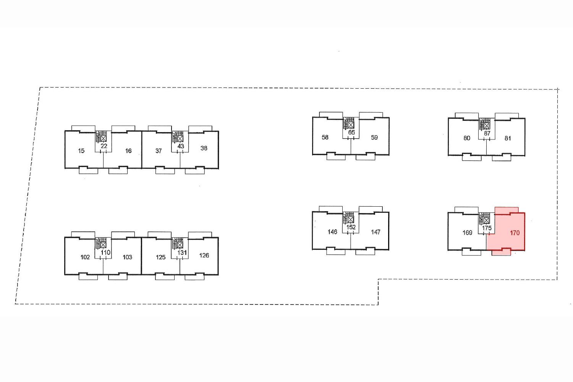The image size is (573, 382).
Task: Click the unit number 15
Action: pyautogui.click(x=81, y=151)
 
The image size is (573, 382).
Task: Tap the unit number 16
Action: pyautogui.click(x=128, y=151)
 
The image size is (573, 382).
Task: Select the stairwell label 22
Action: pyautogui.click(x=104, y=146)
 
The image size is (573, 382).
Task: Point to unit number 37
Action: pyautogui.click(x=159, y=151)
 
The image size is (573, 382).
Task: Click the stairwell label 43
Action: pyautogui.click(x=181, y=146)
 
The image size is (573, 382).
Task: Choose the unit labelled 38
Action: pyautogui.click(x=204, y=148)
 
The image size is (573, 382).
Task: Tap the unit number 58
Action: pyautogui.click(x=325, y=137)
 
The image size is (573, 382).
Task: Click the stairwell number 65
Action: pyautogui.click(x=351, y=133)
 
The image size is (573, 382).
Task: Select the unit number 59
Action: pyautogui.click(x=374, y=138)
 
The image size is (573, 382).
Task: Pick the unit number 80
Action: pyautogui.click(x=467, y=138)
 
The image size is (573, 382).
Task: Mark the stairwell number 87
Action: pyautogui.click(x=487, y=133)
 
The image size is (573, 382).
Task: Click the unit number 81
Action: pyautogui.click(x=508, y=138)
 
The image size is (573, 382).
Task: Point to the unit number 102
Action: pyautogui.click(x=85, y=257)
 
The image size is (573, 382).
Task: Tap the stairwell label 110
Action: pyautogui.click(x=105, y=253)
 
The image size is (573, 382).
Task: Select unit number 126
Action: pyautogui.click(x=204, y=256)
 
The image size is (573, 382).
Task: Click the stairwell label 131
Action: pyautogui.click(x=182, y=253)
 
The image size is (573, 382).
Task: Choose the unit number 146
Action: pyautogui.click(x=332, y=232)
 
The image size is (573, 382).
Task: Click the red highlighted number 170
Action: pyautogui.click(x=515, y=233)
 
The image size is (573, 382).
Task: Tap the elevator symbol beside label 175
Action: pyautogui.click(x=487, y=220)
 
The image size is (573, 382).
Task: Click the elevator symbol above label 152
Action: pyautogui.click(x=351, y=220)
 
